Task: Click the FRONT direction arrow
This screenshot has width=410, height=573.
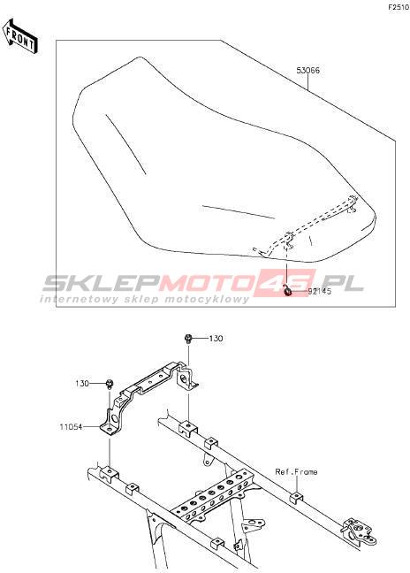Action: point(19,36)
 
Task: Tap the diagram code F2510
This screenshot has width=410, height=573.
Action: point(399,7)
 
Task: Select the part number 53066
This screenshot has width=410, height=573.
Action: point(307,71)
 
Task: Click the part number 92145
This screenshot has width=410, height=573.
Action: point(320,292)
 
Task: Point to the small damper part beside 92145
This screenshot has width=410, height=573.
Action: point(288,292)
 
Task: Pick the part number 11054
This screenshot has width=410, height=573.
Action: point(71,426)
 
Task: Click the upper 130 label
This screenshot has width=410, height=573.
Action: point(216,339)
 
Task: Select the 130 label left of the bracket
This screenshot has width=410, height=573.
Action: point(82,384)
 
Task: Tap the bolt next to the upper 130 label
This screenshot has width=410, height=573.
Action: point(188,339)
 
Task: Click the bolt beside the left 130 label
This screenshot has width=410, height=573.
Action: point(110,384)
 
